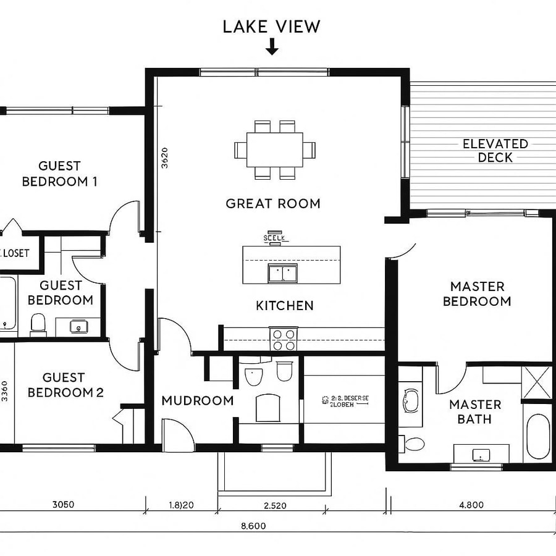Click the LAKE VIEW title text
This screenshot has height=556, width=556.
point(271,27)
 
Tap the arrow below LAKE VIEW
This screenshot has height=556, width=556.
point(271,47)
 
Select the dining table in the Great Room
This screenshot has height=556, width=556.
point(275,150)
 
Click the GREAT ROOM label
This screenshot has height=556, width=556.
point(273,203)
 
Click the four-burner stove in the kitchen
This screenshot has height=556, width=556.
point(284,339)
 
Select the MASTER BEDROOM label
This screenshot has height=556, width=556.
point(477,294)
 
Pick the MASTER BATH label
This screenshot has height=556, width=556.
point(474,411)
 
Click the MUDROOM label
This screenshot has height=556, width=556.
point(197,400)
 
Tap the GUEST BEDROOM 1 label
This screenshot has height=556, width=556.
point(59,174)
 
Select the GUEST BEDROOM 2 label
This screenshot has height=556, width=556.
point(65,385)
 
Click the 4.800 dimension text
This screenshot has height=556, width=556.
point(471,505)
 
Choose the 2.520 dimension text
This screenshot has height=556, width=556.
point(274,505)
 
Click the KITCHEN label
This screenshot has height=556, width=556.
point(284,305)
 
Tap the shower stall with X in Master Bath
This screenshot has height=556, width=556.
point(536,383)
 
